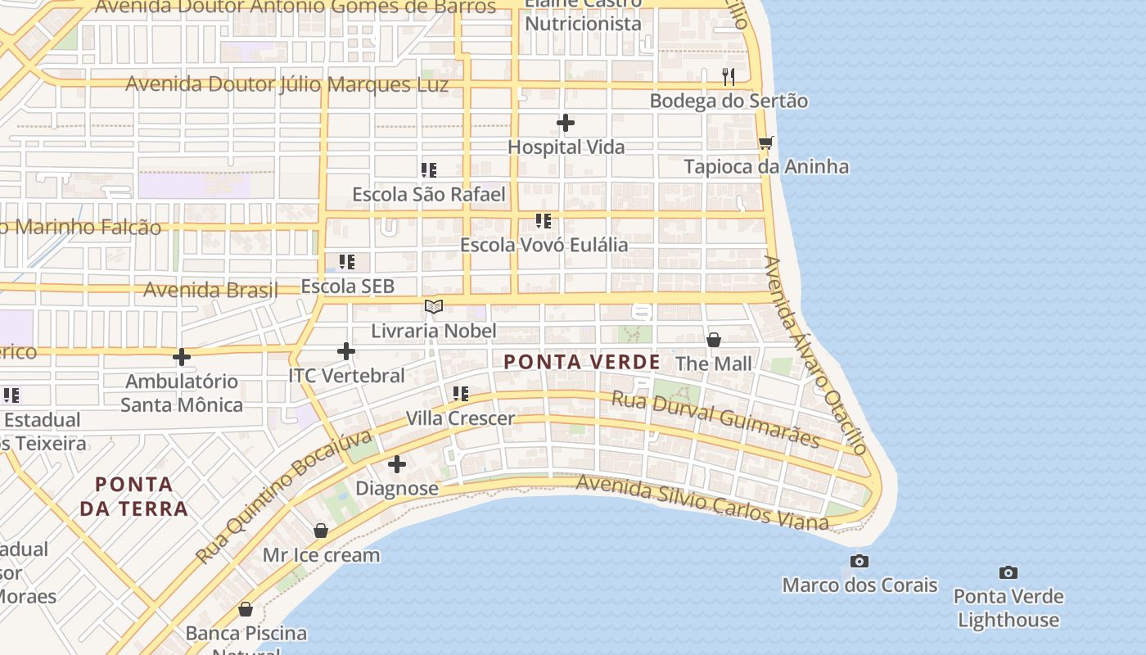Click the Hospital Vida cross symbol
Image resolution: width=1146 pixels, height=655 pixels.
pos(566,124)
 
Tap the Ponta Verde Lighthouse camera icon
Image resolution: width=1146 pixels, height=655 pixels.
pos(1008,573)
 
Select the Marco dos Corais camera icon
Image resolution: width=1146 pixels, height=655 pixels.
pos(859,562)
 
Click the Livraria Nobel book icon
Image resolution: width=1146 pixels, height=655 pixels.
pos(434,307)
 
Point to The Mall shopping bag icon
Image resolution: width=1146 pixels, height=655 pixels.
pos(714,340)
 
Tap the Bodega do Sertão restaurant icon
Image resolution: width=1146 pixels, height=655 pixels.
pos(729,77)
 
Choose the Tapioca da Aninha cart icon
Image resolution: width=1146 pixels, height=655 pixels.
pos(766,143)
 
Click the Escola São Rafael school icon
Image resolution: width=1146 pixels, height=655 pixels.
pos(429,170)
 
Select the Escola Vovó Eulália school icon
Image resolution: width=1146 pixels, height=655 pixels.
pos(544,221)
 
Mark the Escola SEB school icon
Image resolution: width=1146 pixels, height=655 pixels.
pos(347,262)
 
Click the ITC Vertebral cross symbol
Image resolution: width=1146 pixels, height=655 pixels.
pos(346,351)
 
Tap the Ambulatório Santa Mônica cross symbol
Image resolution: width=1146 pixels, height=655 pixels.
pos(182,357)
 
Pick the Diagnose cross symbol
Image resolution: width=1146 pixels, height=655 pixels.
pos(397,464)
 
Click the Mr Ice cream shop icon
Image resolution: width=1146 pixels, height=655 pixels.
pos(321,531)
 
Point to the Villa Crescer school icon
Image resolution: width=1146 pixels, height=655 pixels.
pos(461,394)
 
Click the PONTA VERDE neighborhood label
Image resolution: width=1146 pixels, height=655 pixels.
pos(581,362)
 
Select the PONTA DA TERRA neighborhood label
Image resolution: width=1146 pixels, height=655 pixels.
pos(134,496)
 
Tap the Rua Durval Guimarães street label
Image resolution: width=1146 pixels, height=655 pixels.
pos(716,419)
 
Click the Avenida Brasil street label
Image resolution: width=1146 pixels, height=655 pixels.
pos(210,290)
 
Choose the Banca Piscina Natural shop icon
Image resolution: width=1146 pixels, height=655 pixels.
pos(246,609)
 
